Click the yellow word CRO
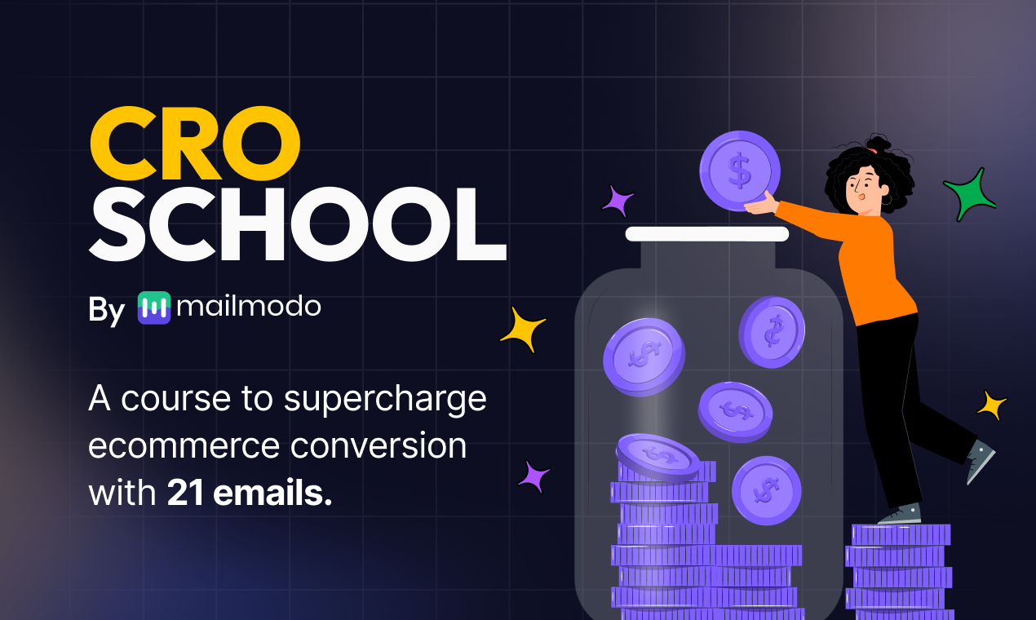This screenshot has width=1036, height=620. pos(195,144)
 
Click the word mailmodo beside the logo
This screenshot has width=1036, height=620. pos(249,307)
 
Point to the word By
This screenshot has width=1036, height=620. pos(106,311)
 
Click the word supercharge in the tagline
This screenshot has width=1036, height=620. pos(385,399)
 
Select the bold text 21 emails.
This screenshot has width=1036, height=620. pos(250,494)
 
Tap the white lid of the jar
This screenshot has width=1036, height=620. pos(706,234)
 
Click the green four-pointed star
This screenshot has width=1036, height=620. pos(969,195)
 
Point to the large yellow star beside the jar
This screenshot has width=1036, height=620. pos(523,329)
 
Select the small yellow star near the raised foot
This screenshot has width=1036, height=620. pos(992,405)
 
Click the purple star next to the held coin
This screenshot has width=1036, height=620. pos(618,200)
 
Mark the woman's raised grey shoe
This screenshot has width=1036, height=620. pos(980,461)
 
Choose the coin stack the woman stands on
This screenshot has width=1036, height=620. pos(899,571)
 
